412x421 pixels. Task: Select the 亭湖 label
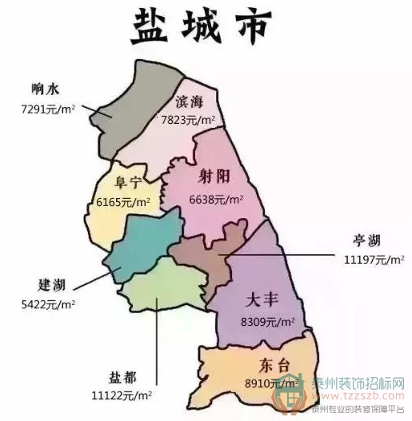(370, 240)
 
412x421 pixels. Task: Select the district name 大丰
(261, 302)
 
